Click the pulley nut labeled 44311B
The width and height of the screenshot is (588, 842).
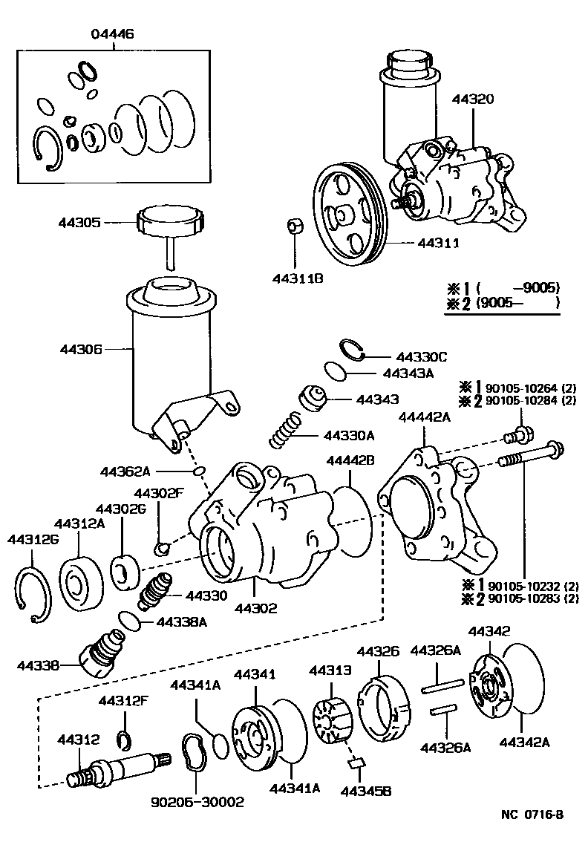coord(293,226)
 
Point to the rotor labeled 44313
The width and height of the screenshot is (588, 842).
coord(333,717)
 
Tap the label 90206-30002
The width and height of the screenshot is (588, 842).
coord(197,802)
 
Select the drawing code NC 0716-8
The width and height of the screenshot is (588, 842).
coord(532,814)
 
